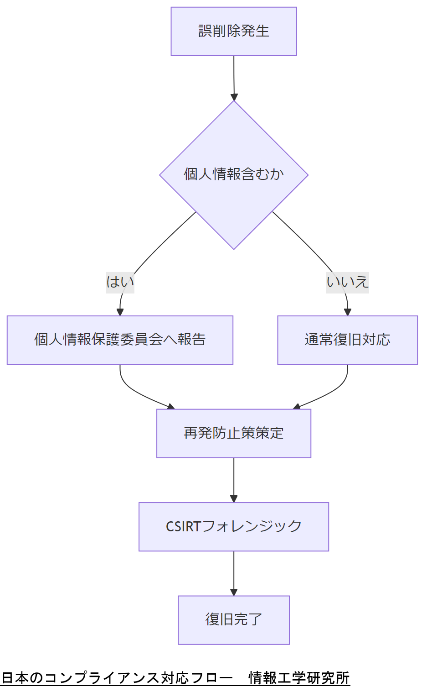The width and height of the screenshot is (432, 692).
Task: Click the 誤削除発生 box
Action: click(x=234, y=31)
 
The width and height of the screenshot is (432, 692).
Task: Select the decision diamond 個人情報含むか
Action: click(x=234, y=174)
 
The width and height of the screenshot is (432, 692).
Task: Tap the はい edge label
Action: click(x=120, y=282)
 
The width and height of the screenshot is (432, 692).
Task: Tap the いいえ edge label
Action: click(x=347, y=282)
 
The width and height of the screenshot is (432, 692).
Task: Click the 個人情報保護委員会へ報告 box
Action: click(x=120, y=340)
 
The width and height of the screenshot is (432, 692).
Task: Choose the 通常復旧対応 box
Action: click(x=347, y=340)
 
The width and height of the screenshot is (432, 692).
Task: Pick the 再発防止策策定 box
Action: click(x=234, y=433)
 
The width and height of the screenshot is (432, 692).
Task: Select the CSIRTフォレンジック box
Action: click(x=234, y=527)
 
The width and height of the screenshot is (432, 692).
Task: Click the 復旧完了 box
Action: click(x=234, y=620)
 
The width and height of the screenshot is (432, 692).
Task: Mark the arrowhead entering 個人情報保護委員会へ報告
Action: click(x=120, y=312)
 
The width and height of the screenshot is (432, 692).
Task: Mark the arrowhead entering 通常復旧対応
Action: click(x=347, y=312)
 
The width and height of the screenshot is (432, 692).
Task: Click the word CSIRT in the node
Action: click(x=183, y=527)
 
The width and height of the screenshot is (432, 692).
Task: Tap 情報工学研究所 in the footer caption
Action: click(x=299, y=678)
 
